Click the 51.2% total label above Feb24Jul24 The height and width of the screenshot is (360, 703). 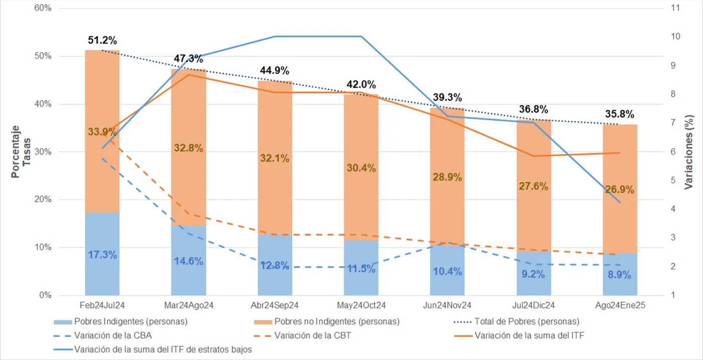102,40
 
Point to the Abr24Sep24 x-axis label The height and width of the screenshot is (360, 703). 275,306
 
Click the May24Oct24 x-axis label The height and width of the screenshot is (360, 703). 361,306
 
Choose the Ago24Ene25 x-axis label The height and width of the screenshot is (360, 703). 620,306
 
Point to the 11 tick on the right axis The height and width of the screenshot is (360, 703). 675,9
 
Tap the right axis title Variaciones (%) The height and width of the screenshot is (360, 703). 689,151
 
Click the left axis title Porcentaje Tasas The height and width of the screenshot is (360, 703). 21,151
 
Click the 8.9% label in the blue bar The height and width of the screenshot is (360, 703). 620,275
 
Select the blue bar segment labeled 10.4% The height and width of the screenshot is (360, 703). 447,271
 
